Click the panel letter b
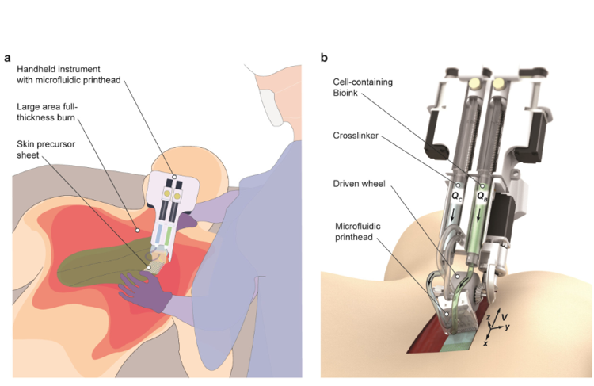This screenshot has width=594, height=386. tap(324, 58)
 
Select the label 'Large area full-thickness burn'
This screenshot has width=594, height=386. tap(51, 113)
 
